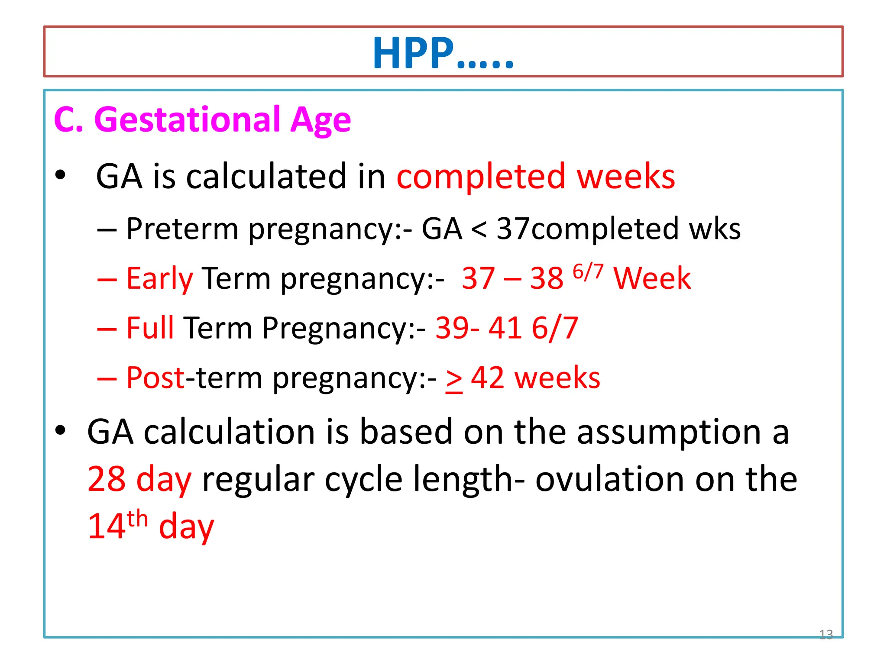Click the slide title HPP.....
443,53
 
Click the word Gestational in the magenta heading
186,119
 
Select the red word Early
159,278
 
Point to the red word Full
150,328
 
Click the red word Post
155,378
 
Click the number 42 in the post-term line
487,378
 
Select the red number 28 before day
106,479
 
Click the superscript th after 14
137,519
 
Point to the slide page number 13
825,634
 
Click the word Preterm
182,229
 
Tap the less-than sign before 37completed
479,229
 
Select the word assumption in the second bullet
669,432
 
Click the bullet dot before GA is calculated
60,175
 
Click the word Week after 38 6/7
652,278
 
